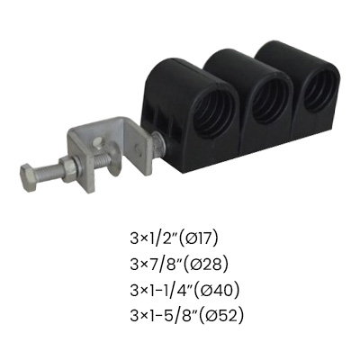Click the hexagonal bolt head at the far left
tap(29, 177)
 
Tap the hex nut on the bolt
tap(69, 170)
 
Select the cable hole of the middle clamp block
tap(270, 102)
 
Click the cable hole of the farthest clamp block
tap(320, 91)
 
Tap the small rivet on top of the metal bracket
tap(97, 143)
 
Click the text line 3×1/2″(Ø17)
tap(173, 239)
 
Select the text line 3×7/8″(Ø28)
tap(179, 265)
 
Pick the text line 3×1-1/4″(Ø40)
tap(184, 291)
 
